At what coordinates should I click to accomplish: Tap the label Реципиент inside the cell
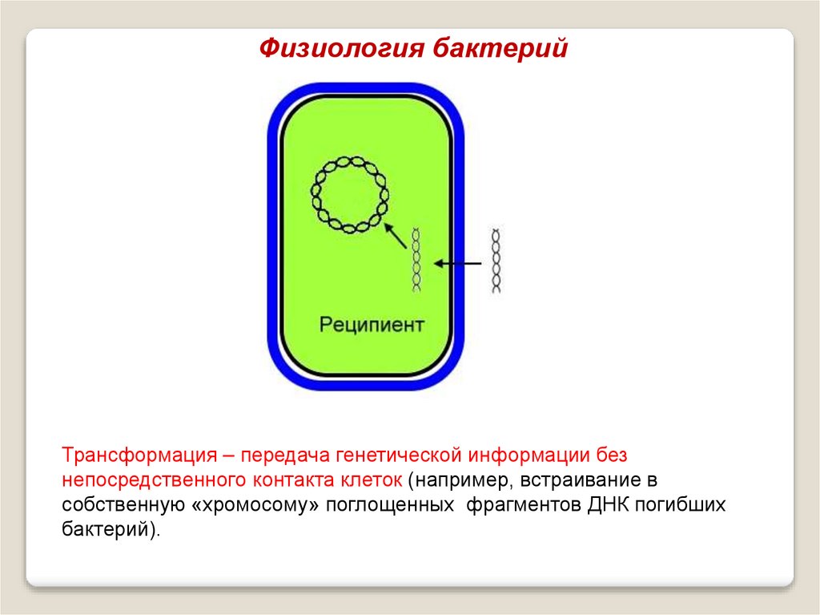tap(372, 326)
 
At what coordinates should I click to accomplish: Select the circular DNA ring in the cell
tap(349, 194)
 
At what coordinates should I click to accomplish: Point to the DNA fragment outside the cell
tap(496, 261)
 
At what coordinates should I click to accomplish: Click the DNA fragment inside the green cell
tap(416, 259)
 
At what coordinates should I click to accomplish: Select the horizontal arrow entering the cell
tap(458, 262)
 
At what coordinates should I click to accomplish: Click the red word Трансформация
tap(137, 455)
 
